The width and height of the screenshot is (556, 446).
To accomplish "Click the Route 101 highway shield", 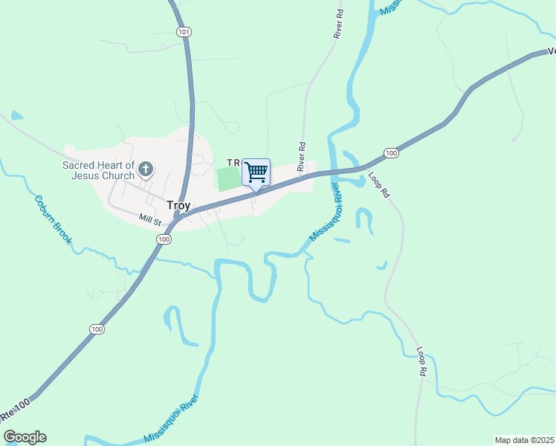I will point(184,32).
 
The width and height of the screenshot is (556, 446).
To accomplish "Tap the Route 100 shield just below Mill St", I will point(164,239).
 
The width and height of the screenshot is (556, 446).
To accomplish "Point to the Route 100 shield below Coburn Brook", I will point(97,329).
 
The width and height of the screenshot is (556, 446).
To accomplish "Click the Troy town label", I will point(178,205).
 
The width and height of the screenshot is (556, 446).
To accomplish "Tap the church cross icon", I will point(146,169).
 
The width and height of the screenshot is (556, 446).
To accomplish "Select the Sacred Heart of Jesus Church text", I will point(98,170).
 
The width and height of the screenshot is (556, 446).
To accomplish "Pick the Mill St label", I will point(150,219).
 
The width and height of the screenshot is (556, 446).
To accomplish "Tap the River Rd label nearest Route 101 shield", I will point(340,24).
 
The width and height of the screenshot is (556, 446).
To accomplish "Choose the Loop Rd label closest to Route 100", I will point(378,184).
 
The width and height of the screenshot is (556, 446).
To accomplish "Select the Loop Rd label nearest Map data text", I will point(421,361).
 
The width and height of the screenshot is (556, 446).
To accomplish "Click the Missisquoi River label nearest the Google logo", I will point(171,419).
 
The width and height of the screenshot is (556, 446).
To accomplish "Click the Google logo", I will point(25,437).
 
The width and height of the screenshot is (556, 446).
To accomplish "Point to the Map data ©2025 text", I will point(524,440).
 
